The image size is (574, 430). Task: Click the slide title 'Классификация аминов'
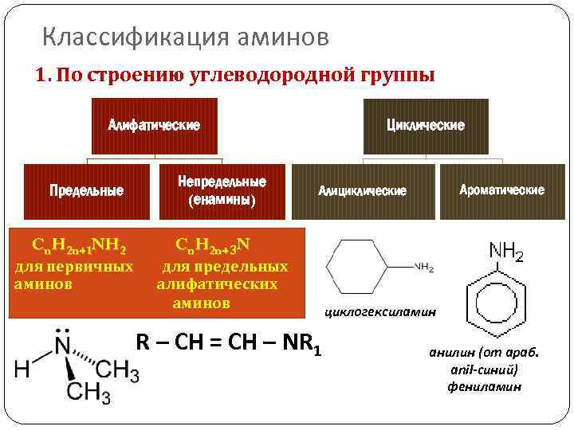point(184,37)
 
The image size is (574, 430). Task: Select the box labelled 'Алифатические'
point(155,126)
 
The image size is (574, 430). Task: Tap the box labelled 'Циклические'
point(425,126)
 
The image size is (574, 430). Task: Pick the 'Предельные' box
point(86,190)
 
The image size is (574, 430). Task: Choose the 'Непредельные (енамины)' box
point(222,190)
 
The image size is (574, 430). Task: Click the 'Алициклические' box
point(363,191)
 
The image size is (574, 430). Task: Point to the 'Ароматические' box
point(502,190)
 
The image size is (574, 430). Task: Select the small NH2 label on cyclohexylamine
point(424,268)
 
